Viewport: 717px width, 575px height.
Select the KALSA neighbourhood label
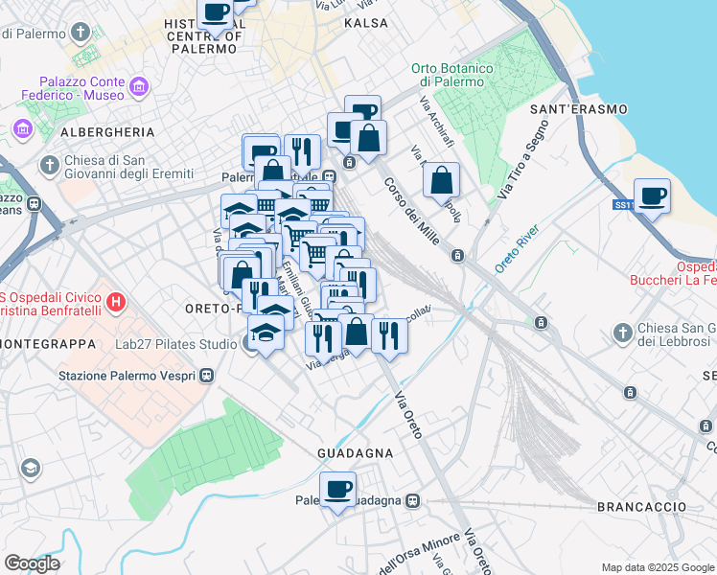(x=366, y=23)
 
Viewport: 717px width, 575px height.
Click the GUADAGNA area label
(x=356, y=452)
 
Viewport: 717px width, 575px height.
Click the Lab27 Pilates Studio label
(x=171, y=344)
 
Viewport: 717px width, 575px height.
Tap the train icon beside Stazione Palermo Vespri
(x=206, y=376)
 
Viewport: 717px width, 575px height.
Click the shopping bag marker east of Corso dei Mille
(x=441, y=181)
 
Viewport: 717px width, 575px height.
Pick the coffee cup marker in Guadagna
(x=337, y=490)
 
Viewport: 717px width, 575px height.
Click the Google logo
(x=32, y=563)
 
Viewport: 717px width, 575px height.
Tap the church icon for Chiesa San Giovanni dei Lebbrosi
(x=623, y=333)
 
